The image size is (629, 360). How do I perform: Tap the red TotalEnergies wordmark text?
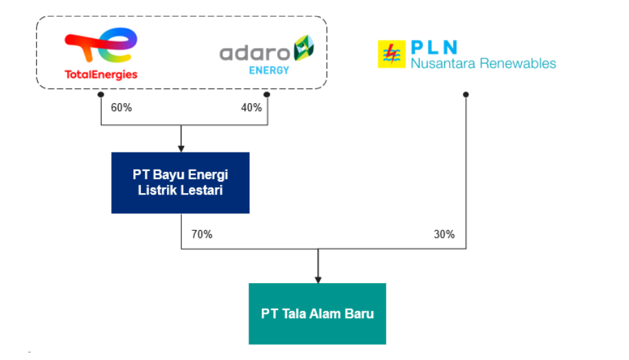coord(101,75)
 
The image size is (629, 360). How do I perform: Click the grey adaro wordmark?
coord(255,54)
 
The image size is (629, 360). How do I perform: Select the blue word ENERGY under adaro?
coord(268,71)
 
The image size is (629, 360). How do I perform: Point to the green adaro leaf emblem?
coord(304,48)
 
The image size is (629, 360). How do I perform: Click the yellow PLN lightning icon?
coord(391,54)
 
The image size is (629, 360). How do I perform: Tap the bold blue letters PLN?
coord(434,47)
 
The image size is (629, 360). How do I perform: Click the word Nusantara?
coord(444,63)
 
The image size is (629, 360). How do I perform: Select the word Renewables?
coord(518,63)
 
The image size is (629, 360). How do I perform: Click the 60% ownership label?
coord(122,108)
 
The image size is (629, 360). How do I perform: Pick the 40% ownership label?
coord(251,108)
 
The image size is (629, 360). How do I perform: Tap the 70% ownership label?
coord(202,234)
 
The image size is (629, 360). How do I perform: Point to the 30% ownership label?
coord(444,234)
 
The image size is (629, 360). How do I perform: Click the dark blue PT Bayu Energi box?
coord(181,183)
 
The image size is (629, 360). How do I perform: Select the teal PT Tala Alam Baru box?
coord(317,314)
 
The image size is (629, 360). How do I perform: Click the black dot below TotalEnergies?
coord(101,95)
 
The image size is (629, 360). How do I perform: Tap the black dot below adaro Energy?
coord(266,95)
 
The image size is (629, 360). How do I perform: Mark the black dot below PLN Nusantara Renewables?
coord(466,95)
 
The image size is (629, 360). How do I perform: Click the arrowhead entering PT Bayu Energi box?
coord(181,149)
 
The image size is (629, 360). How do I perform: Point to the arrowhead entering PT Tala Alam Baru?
coord(318,280)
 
